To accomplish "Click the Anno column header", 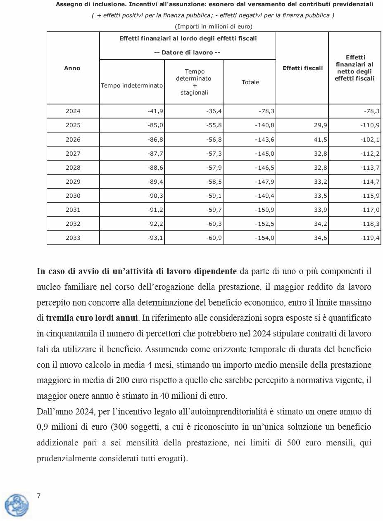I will [72, 68].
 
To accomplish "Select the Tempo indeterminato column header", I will [132, 85].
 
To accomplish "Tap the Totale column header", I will [250, 82].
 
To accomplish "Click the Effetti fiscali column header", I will [302, 68].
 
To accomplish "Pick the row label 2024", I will [73, 111].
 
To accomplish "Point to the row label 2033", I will [73, 238].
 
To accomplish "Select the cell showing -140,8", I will [265, 125].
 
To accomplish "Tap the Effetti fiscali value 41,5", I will [321, 140].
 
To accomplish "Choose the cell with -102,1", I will [370, 140].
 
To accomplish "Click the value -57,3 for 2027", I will [214, 154].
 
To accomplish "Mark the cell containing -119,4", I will [370, 238].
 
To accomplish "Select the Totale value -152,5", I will [265, 224].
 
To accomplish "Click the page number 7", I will [39, 496].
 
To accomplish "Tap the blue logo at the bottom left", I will [17, 505].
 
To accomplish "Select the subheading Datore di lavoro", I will [187, 52].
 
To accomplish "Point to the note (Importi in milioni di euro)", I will [214, 26].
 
